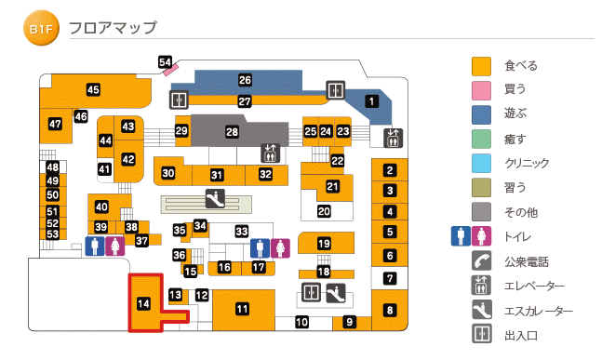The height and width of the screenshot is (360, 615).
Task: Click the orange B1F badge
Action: click(41, 30)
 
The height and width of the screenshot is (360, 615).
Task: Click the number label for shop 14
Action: click(143, 302)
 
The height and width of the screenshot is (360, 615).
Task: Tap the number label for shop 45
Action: click(93, 89)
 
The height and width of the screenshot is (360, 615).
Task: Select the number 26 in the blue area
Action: click(245, 80)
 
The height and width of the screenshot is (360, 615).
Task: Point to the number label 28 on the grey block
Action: click(232, 133)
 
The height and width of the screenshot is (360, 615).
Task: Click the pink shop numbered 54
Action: click(167, 63)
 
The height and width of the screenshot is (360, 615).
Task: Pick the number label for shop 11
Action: click(242, 309)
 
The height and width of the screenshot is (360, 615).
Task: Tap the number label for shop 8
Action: click(391, 310)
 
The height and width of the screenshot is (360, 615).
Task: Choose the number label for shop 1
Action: click(371, 101)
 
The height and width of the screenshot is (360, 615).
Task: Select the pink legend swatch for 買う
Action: click(481, 90)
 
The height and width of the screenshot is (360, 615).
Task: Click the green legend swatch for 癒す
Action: click(481, 139)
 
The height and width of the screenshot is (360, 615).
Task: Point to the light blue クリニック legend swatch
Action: click(481, 163)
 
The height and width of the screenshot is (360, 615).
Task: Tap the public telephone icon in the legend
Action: click(481, 261)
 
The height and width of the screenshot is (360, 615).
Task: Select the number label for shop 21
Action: click(332, 187)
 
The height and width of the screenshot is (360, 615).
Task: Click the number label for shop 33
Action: click(242, 231)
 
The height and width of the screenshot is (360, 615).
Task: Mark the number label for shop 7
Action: click(391, 277)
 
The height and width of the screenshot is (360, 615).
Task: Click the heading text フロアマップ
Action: click(117, 29)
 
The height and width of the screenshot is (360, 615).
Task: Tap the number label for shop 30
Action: click(168, 173)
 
